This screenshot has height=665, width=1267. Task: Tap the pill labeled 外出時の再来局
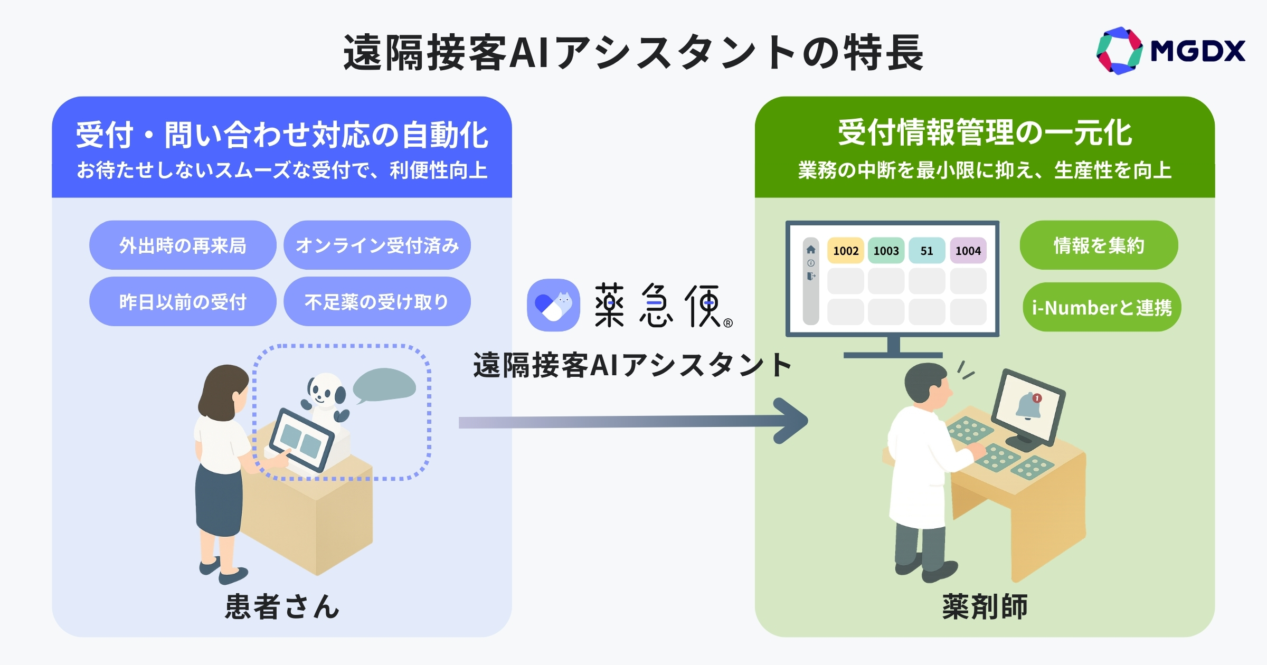(x=183, y=245)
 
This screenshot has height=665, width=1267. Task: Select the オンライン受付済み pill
(x=377, y=245)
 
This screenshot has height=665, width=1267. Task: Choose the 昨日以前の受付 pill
(x=183, y=302)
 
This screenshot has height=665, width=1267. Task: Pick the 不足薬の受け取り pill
(x=377, y=302)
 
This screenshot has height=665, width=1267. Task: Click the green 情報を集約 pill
(x=1099, y=245)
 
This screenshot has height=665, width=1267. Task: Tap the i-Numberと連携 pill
(x=1101, y=307)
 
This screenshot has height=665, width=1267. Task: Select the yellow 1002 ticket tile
(x=846, y=251)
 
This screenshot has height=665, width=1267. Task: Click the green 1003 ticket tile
(x=886, y=251)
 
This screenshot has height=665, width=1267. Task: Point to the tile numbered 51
(x=926, y=251)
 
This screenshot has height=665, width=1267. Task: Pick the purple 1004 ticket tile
(x=968, y=251)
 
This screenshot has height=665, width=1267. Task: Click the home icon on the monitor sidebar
(x=811, y=250)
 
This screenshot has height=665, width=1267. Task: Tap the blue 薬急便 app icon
(x=553, y=305)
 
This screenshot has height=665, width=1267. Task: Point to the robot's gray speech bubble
(x=384, y=385)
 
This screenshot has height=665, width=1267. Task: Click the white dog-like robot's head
(x=325, y=391)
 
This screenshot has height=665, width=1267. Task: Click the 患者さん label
(x=282, y=606)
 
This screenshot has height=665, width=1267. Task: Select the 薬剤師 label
(x=985, y=606)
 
